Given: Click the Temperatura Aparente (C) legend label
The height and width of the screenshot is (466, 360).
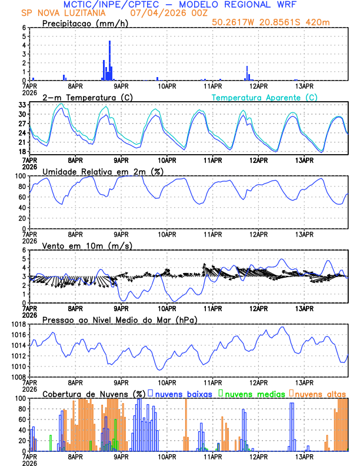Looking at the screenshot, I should point(264,97).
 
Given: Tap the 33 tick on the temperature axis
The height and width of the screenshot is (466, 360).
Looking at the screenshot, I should point(22,105).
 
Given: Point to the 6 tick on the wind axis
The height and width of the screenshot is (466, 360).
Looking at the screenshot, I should point(24,250).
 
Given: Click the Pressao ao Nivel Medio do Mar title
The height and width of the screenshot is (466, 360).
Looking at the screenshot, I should point(119,319).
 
